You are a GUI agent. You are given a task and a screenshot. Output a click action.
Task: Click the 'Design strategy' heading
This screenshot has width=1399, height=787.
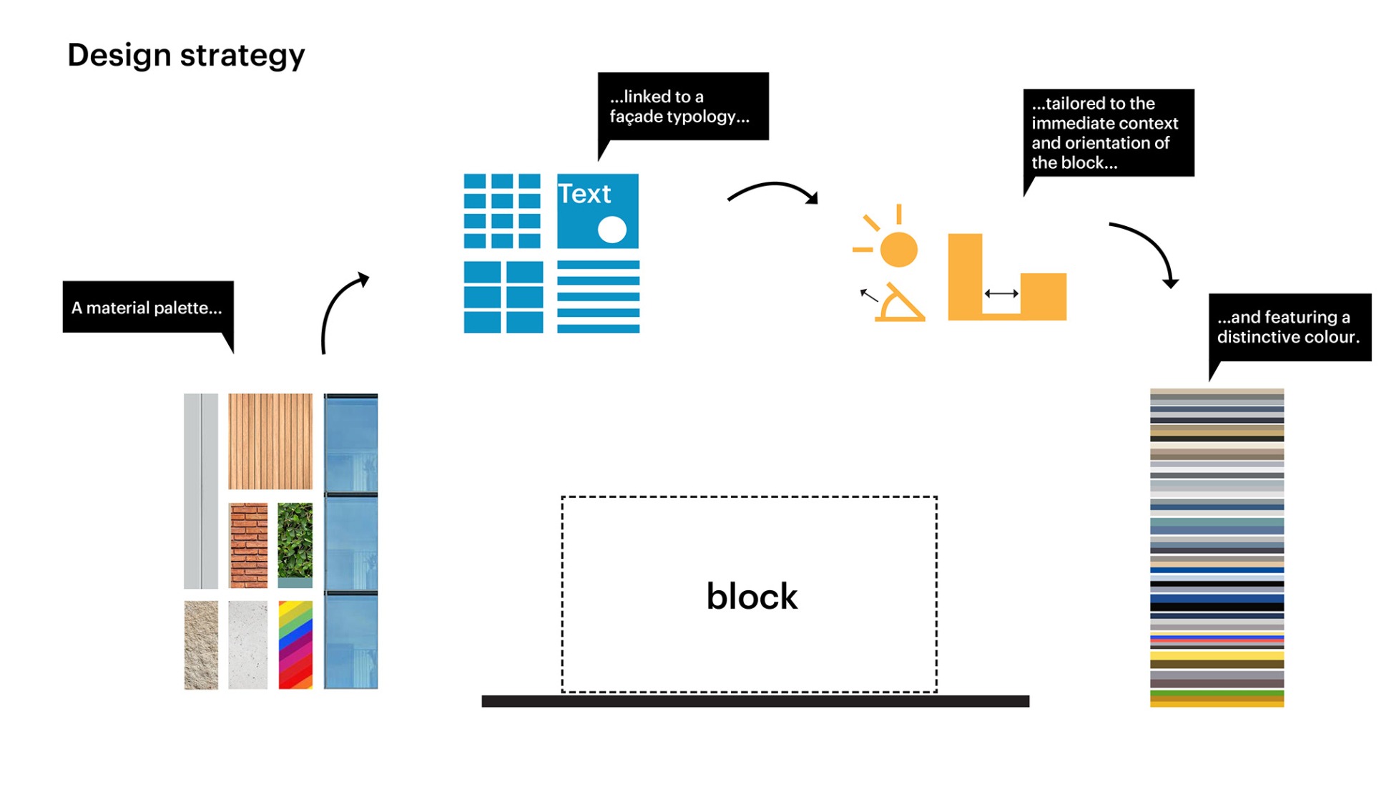[x=186, y=55]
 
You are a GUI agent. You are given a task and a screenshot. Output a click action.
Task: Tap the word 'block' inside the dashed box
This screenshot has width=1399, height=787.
[x=751, y=597]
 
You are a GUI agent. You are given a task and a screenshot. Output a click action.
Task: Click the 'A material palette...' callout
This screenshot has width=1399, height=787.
[x=147, y=308]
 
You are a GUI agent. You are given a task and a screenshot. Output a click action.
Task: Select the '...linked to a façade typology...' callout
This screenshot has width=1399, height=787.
[x=682, y=106]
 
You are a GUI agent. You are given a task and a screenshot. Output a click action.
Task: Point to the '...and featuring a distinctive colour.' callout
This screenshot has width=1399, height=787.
[x=1289, y=327]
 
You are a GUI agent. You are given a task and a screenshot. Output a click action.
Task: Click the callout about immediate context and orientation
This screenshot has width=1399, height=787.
[x=1108, y=133]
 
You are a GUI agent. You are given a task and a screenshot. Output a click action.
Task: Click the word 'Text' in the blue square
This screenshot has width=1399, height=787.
[x=584, y=194]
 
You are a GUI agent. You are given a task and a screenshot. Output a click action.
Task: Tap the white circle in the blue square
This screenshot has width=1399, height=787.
[x=612, y=230]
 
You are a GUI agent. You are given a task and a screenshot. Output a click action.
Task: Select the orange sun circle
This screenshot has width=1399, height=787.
[x=898, y=249]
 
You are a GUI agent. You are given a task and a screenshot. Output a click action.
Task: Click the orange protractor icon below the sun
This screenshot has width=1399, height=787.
[x=900, y=304]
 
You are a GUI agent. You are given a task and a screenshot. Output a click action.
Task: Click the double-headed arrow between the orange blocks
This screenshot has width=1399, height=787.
[x=1001, y=293]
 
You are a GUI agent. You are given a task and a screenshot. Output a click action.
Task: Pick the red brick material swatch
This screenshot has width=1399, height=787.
[x=248, y=545]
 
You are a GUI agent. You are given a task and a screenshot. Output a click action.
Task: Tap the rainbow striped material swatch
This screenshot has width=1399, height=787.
[x=295, y=645]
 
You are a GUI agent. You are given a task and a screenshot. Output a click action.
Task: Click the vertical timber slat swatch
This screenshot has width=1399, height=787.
[x=270, y=441]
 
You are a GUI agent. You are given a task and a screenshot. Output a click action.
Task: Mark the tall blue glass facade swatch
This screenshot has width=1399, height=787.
[x=350, y=541]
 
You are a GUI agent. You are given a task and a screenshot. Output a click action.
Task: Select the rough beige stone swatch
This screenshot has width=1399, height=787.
[x=201, y=645]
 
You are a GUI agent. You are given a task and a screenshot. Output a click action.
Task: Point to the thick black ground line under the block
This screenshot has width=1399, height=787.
[x=755, y=701]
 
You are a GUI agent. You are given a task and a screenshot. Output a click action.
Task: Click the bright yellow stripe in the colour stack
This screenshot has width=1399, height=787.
[x=1216, y=655]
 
